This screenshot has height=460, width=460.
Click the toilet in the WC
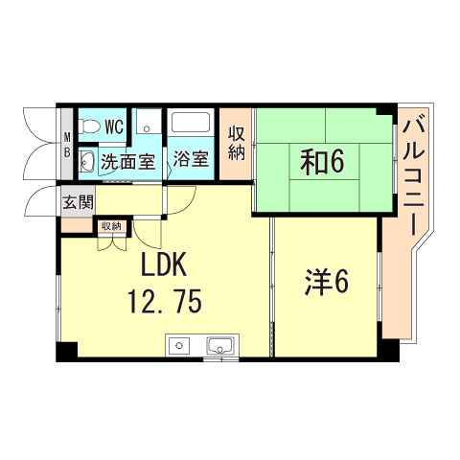tap(89, 126)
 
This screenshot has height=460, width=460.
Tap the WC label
tap(114, 126)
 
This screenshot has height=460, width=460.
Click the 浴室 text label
tap(192, 159)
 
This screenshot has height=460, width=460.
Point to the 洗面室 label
tap(127, 160)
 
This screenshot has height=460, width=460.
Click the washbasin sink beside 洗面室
tap(85, 160)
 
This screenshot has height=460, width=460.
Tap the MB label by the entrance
tap(67, 144)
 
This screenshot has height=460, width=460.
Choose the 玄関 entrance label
tap(77, 202)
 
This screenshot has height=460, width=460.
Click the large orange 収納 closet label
tap(236, 146)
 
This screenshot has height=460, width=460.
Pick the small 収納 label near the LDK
tap(111, 226)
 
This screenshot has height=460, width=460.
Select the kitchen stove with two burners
tap(181, 345)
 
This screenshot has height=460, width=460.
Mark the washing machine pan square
tap(148, 124)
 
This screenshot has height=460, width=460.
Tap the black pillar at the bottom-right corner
tap(386, 352)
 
